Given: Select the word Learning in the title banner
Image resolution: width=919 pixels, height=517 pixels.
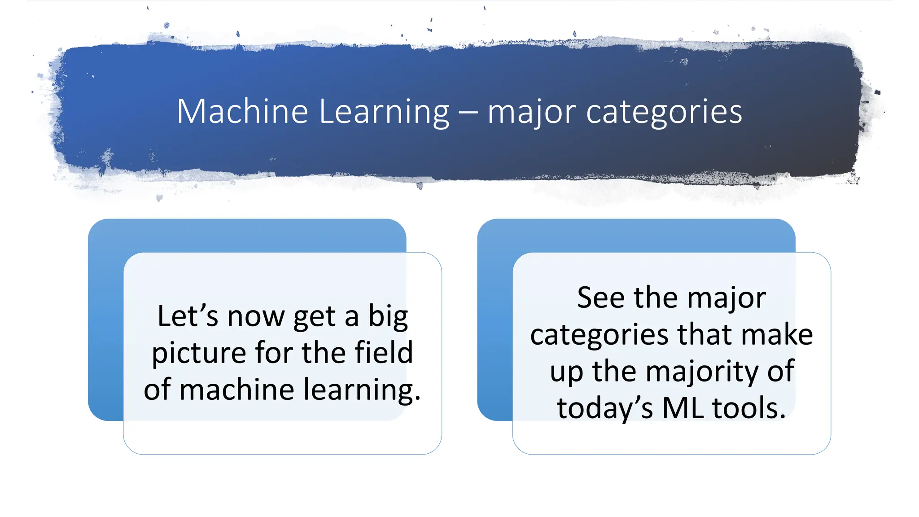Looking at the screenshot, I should point(384,112).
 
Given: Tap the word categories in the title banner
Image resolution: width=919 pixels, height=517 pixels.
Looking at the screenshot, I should point(664,112).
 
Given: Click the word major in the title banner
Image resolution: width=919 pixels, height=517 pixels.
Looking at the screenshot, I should point(532,112).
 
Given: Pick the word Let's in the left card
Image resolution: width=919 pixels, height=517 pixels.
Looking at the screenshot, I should point(188,316).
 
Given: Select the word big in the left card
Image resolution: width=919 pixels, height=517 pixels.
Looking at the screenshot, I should point(388,317).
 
